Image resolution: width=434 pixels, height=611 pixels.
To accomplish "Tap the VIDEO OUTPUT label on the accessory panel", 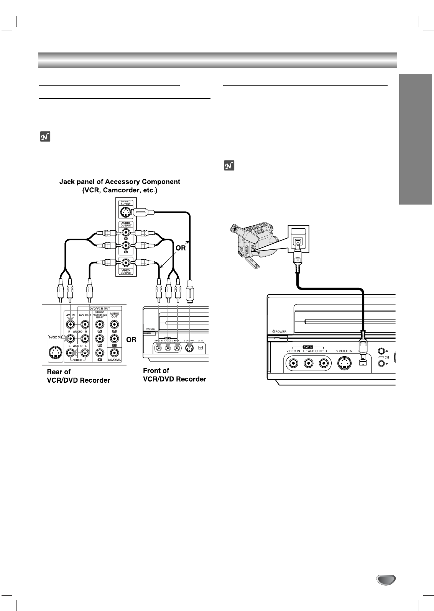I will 125,272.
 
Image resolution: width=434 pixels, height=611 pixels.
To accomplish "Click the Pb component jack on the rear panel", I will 100,339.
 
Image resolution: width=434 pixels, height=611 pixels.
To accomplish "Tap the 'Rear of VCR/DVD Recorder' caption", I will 78,376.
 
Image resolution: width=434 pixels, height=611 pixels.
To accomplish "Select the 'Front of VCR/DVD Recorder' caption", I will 174,375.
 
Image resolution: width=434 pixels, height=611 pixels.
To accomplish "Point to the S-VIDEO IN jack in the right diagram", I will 344,363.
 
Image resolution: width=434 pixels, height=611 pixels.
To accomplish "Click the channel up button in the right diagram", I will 381,351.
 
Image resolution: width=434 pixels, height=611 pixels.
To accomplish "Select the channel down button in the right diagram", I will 381,363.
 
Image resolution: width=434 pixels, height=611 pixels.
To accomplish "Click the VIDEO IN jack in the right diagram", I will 293,363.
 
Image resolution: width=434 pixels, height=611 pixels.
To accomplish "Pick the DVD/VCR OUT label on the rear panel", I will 100,308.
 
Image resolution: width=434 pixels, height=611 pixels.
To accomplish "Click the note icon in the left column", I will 45,136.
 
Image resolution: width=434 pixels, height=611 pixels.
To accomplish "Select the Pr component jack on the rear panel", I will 100,325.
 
